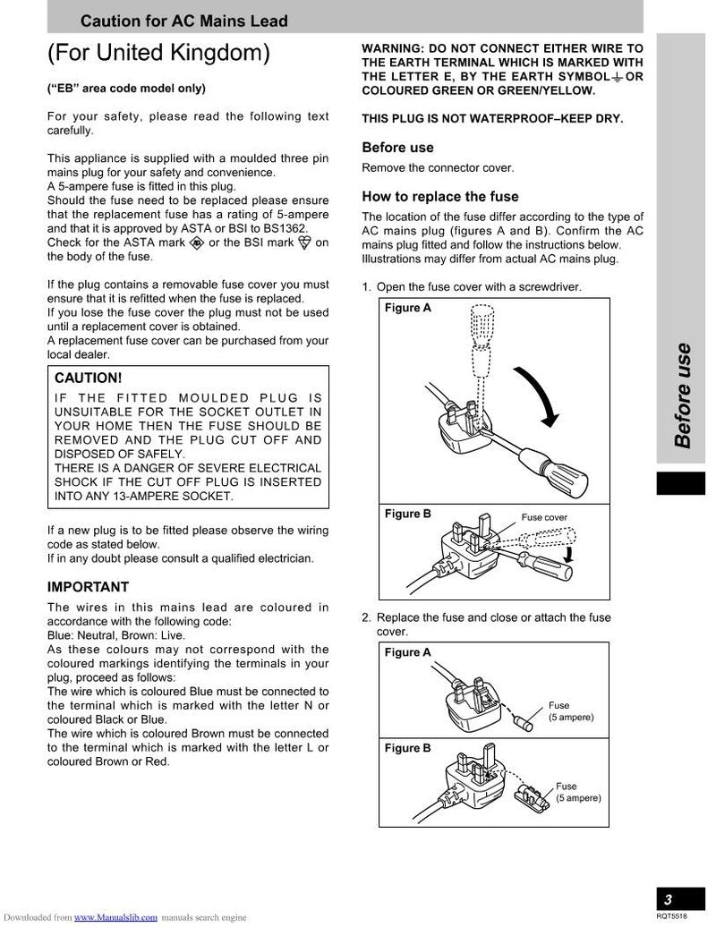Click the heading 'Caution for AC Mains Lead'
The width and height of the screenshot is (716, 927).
tap(184, 21)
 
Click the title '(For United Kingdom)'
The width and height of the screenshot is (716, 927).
tap(158, 54)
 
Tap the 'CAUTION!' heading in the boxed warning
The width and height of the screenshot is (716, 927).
tap(89, 378)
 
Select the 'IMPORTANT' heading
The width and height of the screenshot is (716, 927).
tap(88, 587)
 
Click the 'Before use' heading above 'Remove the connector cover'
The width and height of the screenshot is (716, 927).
tap(397, 148)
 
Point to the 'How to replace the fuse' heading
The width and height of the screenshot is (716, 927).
tap(439, 196)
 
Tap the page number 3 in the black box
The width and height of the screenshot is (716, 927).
tap(668, 899)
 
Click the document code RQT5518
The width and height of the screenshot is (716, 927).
tap(671, 916)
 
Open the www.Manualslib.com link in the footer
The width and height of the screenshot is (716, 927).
tap(115, 917)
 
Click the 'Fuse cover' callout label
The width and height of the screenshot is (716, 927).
tap(544, 517)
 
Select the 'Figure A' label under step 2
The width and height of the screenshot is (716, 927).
tap(407, 652)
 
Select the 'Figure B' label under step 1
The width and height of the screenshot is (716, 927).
tap(407, 514)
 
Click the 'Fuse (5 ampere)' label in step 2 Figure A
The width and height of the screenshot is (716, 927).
tap(570, 711)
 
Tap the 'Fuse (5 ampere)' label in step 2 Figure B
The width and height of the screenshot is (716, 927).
tap(577, 792)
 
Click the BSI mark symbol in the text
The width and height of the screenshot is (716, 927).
tap(304, 242)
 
